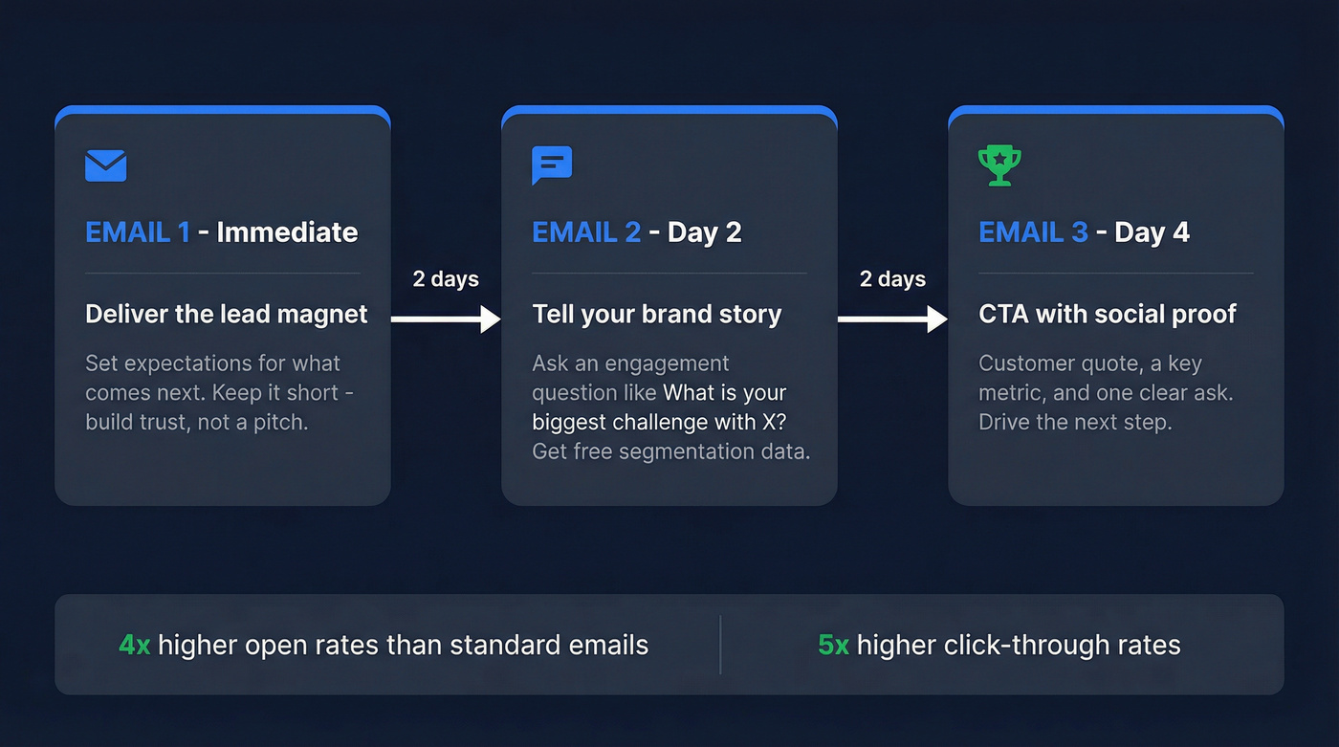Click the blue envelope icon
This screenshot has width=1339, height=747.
coord(106,165)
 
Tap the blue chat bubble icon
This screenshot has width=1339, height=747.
coord(552,165)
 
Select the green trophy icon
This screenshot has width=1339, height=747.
coord(999,165)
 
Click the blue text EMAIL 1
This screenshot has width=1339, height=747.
coord(138,232)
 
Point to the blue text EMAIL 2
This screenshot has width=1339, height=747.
coord(586,232)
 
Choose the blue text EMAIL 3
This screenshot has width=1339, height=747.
coord(1033,232)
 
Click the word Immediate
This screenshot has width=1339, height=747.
coord(287,232)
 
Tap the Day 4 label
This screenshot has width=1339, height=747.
coord(1154,232)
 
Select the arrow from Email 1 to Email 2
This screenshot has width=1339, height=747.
coord(446,319)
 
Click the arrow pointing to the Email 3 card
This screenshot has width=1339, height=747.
coord(892,319)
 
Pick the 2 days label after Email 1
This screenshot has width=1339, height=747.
coord(446,279)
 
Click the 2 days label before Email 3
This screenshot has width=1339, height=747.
coord(892,279)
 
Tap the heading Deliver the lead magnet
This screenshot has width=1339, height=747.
coord(227,315)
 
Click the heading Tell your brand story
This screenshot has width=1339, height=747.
coord(657,315)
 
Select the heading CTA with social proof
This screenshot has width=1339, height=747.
coord(1108,315)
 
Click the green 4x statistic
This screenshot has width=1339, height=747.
coord(135,646)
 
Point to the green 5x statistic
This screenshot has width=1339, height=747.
coord(833,646)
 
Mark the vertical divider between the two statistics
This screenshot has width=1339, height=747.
coord(720,645)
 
